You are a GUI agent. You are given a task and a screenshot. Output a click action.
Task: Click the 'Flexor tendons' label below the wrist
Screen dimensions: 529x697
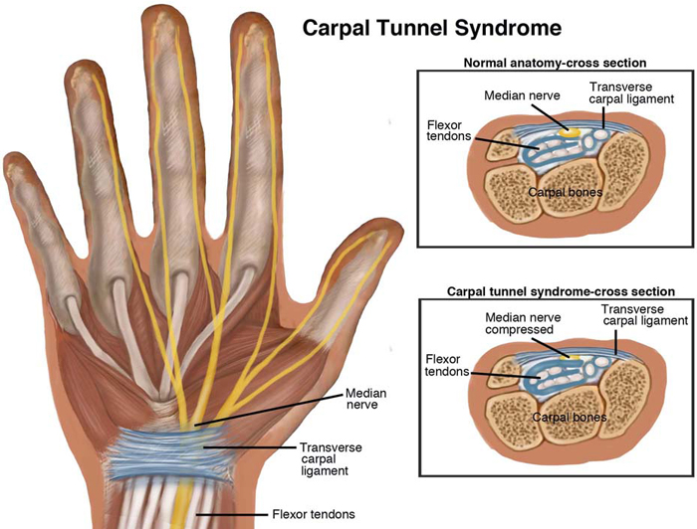click(x=313, y=515)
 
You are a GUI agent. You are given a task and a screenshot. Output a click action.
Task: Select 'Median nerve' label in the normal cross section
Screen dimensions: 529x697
click(x=521, y=96)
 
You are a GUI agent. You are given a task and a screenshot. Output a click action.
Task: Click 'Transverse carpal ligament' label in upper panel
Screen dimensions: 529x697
click(x=631, y=92)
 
